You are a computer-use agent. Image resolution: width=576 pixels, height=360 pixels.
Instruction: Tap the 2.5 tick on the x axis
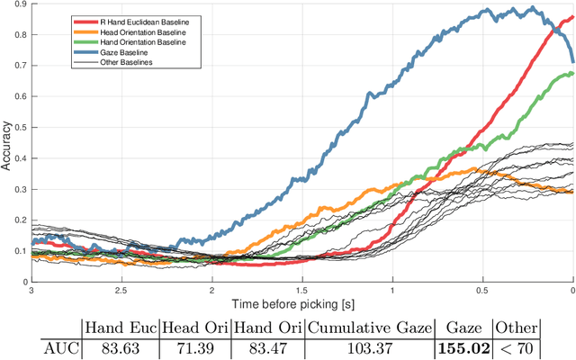[x=121, y=292]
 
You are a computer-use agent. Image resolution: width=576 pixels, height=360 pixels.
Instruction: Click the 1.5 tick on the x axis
[x=301, y=292]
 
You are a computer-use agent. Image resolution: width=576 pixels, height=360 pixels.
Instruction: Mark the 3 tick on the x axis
[x=31, y=292]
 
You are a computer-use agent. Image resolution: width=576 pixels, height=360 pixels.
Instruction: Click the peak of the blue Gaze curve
[x=531, y=8]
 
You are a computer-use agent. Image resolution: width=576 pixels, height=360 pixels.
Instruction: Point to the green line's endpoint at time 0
[x=572, y=74]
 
